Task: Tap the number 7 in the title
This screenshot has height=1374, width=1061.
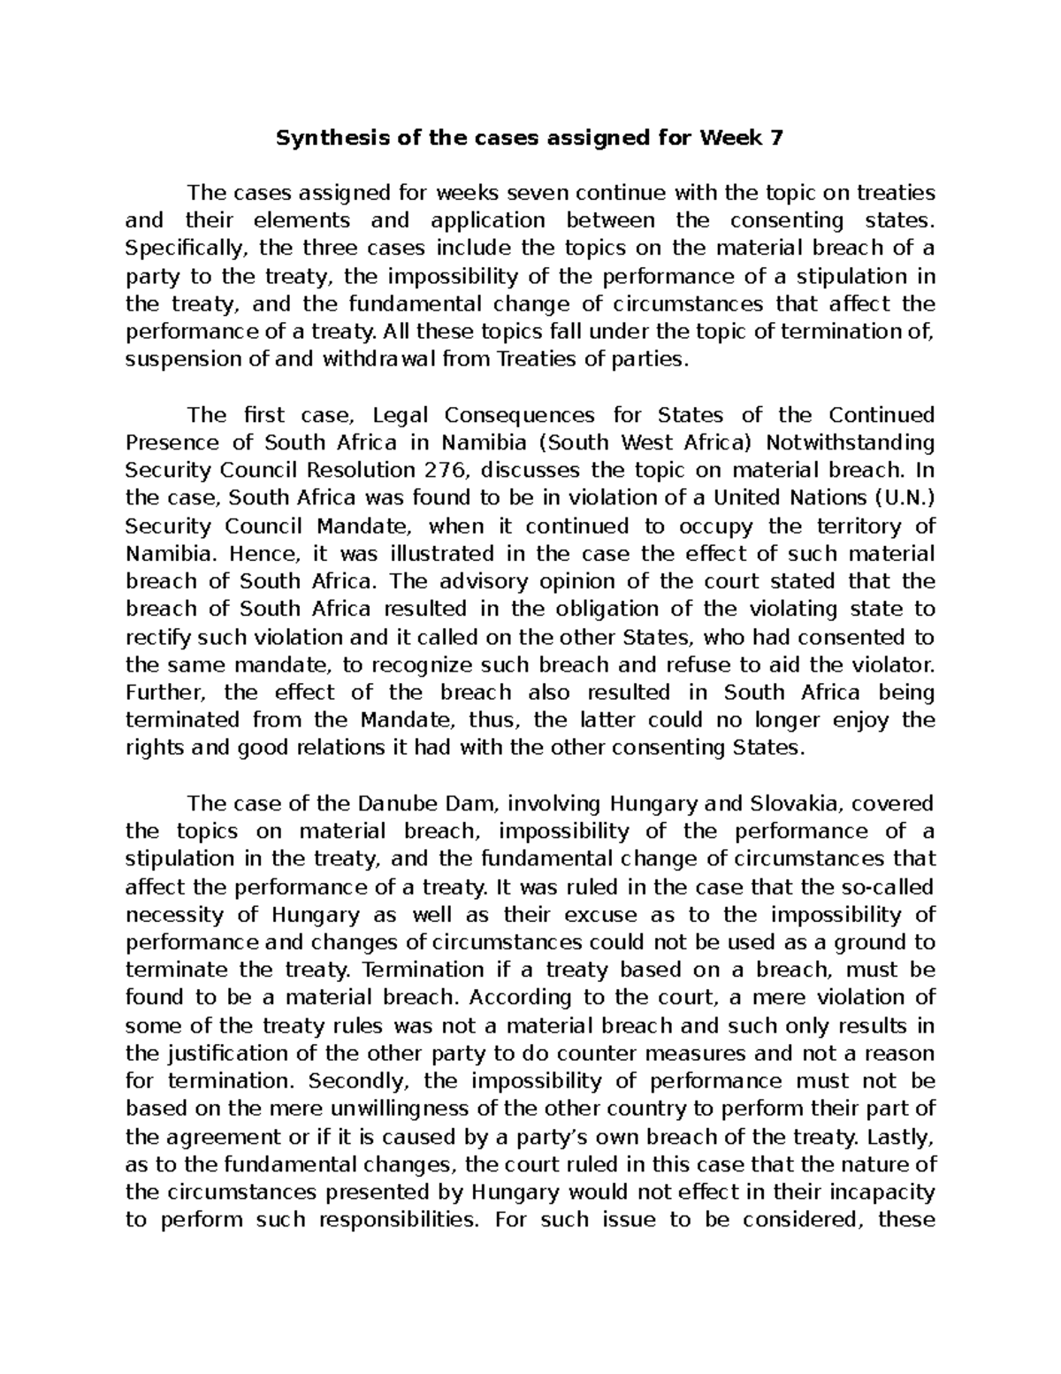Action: tap(777, 138)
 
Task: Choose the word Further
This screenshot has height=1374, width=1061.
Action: tap(164, 692)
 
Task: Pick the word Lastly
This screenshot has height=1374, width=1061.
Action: tap(900, 1136)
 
